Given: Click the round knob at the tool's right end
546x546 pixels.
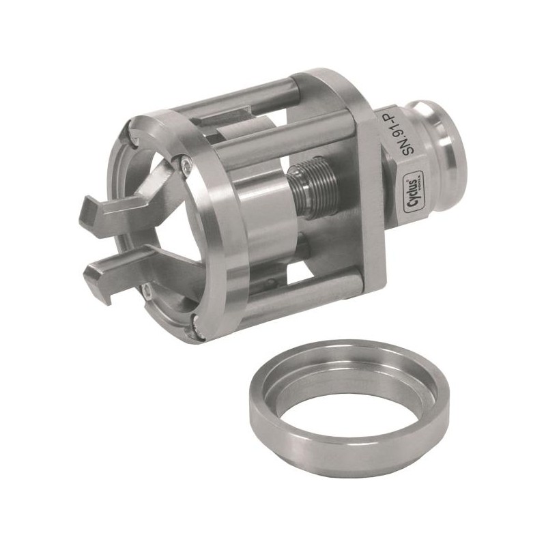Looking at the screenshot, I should point(447,143).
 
